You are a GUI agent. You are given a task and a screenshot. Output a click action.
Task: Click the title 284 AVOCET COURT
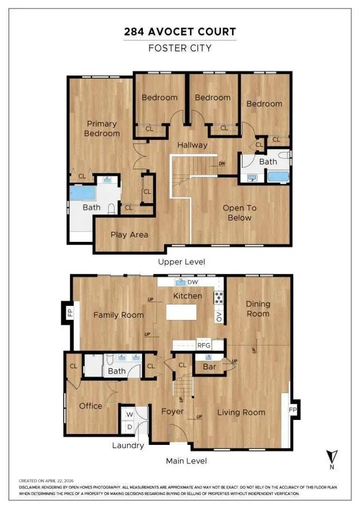180,32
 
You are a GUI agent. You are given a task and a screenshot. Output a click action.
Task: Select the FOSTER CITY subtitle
180,48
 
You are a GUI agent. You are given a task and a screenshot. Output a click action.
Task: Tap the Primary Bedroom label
102,128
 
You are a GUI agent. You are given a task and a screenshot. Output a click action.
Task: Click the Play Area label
129,235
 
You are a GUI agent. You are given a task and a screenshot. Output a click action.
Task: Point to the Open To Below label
239,213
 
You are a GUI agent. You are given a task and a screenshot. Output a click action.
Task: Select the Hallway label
192,145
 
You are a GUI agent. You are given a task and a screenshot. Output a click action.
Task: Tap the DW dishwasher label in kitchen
193,282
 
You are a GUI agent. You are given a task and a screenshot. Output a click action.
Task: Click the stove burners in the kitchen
219,297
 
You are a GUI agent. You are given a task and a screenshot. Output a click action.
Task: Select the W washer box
130,415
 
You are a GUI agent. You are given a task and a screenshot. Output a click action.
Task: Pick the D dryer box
130,427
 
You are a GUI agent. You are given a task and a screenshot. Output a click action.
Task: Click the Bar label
209,366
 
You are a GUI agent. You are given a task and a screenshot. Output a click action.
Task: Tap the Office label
90,406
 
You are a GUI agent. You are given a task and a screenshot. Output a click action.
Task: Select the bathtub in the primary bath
82,194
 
